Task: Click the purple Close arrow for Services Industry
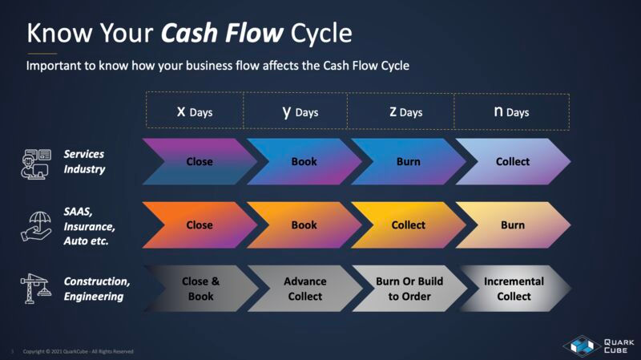coord(199,161)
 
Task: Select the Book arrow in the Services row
coord(304,161)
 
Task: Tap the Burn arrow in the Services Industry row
coord(408,161)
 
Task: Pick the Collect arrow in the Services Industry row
coord(513,161)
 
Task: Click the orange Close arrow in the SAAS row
coord(199,225)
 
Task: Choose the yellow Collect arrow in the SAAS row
coord(408,225)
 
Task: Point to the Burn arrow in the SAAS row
coord(513,225)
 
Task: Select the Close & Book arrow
coord(199,289)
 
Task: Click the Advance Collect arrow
coord(304,289)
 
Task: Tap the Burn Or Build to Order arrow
coord(408,289)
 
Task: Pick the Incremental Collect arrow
coord(513,289)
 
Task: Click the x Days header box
coord(195,111)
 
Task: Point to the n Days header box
coord(511,111)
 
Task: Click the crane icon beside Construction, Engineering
coord(34,289)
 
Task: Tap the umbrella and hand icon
coord(34,225)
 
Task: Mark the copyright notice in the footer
coord(78,351)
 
